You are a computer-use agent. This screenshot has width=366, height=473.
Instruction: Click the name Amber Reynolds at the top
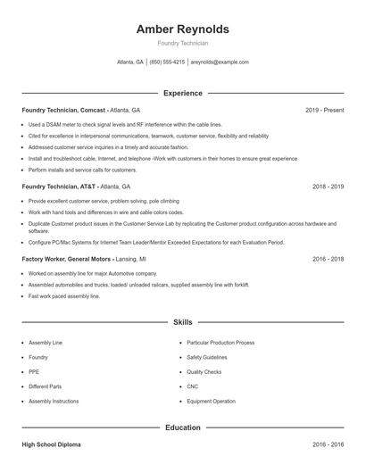[x=182, y=29]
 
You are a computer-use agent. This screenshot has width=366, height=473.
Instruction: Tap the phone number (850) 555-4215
[x=167, y=62]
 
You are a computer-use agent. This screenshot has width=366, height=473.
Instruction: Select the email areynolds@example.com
[x=220, y=62]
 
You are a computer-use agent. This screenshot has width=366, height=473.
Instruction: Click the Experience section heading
[x=182, y=93]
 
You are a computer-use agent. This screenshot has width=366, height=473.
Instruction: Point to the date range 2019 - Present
[x=324, y=110]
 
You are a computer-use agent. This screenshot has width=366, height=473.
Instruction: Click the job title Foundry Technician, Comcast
[x=63, y=110]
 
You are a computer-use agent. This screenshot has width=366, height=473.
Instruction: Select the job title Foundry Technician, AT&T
[x=58, y=187]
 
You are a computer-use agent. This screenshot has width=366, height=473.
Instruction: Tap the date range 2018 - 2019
[x=328, y=187]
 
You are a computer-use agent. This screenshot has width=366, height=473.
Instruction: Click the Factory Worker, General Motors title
[x=67, y=258]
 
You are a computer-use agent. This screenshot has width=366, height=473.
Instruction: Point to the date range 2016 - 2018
[x=328, y=258]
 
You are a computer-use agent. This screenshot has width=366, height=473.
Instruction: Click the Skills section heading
[x=182, y=321]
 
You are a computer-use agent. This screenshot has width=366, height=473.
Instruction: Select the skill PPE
[x=34, y=372]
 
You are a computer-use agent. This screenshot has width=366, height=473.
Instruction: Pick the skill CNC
[x=193, y=386]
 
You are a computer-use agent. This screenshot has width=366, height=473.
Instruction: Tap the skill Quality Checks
[x=204, y=372]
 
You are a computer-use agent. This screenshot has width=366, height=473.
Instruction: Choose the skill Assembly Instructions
[x=54, y=402]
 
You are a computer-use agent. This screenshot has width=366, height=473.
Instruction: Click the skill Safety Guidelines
[x=208, y=357]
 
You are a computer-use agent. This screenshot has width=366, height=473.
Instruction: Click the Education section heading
[x=182, y=427]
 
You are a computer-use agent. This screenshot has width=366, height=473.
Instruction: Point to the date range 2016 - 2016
[x=328, y=444]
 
